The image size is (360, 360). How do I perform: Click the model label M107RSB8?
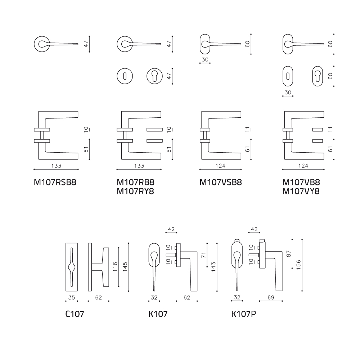[55, 182]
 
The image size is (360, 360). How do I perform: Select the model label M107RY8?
[135, 191]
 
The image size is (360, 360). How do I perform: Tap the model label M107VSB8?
[221, 182]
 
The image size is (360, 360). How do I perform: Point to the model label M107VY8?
[301, 191]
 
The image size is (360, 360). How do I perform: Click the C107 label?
[75, 314]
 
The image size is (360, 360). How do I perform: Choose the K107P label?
[244, 314]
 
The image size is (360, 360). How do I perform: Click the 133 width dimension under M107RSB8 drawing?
[56, 166]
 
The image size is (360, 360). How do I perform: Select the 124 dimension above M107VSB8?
[220, 166]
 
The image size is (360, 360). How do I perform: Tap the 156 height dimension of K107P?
[298, 265]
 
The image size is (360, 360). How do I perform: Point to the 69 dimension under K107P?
[271, 298]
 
